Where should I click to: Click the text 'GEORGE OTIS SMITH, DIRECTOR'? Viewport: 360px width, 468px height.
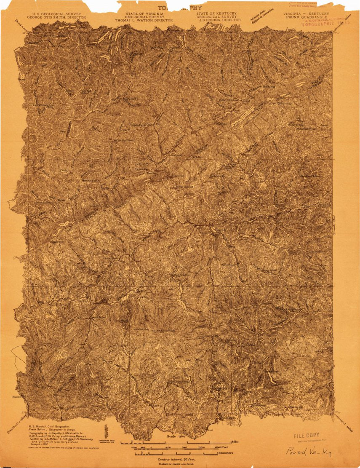[x=56, y=18]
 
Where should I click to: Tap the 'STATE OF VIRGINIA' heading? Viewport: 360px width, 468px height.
[x=138, y=13]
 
